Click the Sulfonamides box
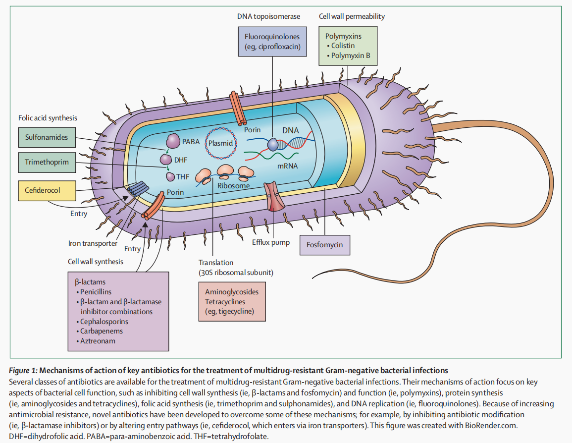click(x=47, y=137)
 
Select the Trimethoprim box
click(x=47, y=162)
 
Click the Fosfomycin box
click(x=324, y=245)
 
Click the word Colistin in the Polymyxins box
click(x=343, y=46)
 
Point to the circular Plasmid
click(x=220, y=142)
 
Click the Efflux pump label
click(x=270, y=243)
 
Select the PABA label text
click(x=191, y=142)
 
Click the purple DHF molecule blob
click(x=165, y=160)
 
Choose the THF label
click(x=183, y=176)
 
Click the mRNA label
click(x=287, y=166)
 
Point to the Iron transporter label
click(x=93, y=243)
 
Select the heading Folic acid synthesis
click(x=48, y=118)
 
